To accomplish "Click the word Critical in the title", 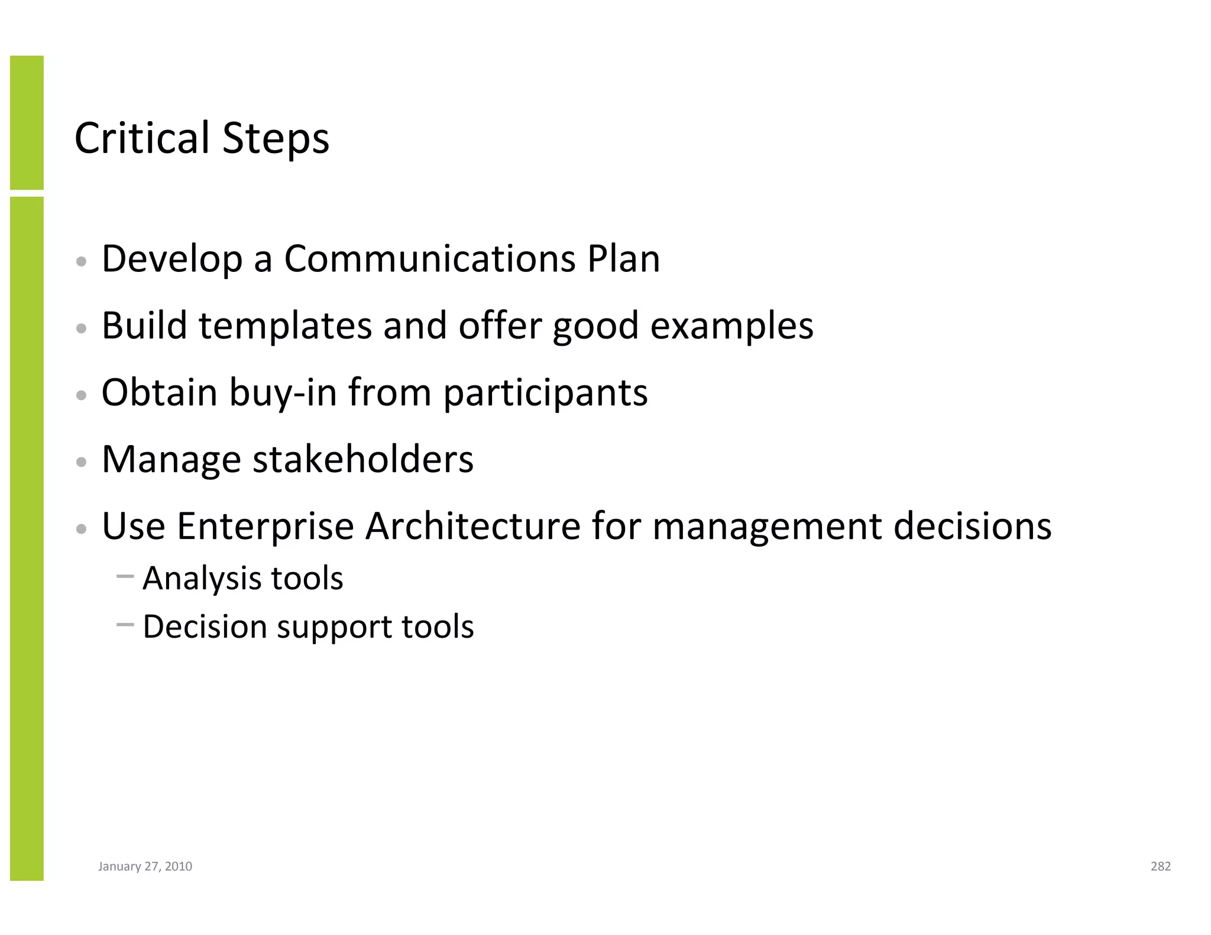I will [x=142, y=138].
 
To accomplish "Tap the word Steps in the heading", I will [x=276, y=139].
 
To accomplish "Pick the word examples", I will [x=731, y=327].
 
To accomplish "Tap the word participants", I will [x=545, y=394].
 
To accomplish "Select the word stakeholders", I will [x=363, y=459].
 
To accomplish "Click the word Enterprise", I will [x=265, y=527].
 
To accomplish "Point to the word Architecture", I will [x=472, y=526].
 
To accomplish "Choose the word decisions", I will [x=972, y=526].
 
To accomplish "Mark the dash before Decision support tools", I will [x=125, y=624].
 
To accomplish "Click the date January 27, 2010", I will [x=145, y=866].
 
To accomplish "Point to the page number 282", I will [x=1160, y=866].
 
